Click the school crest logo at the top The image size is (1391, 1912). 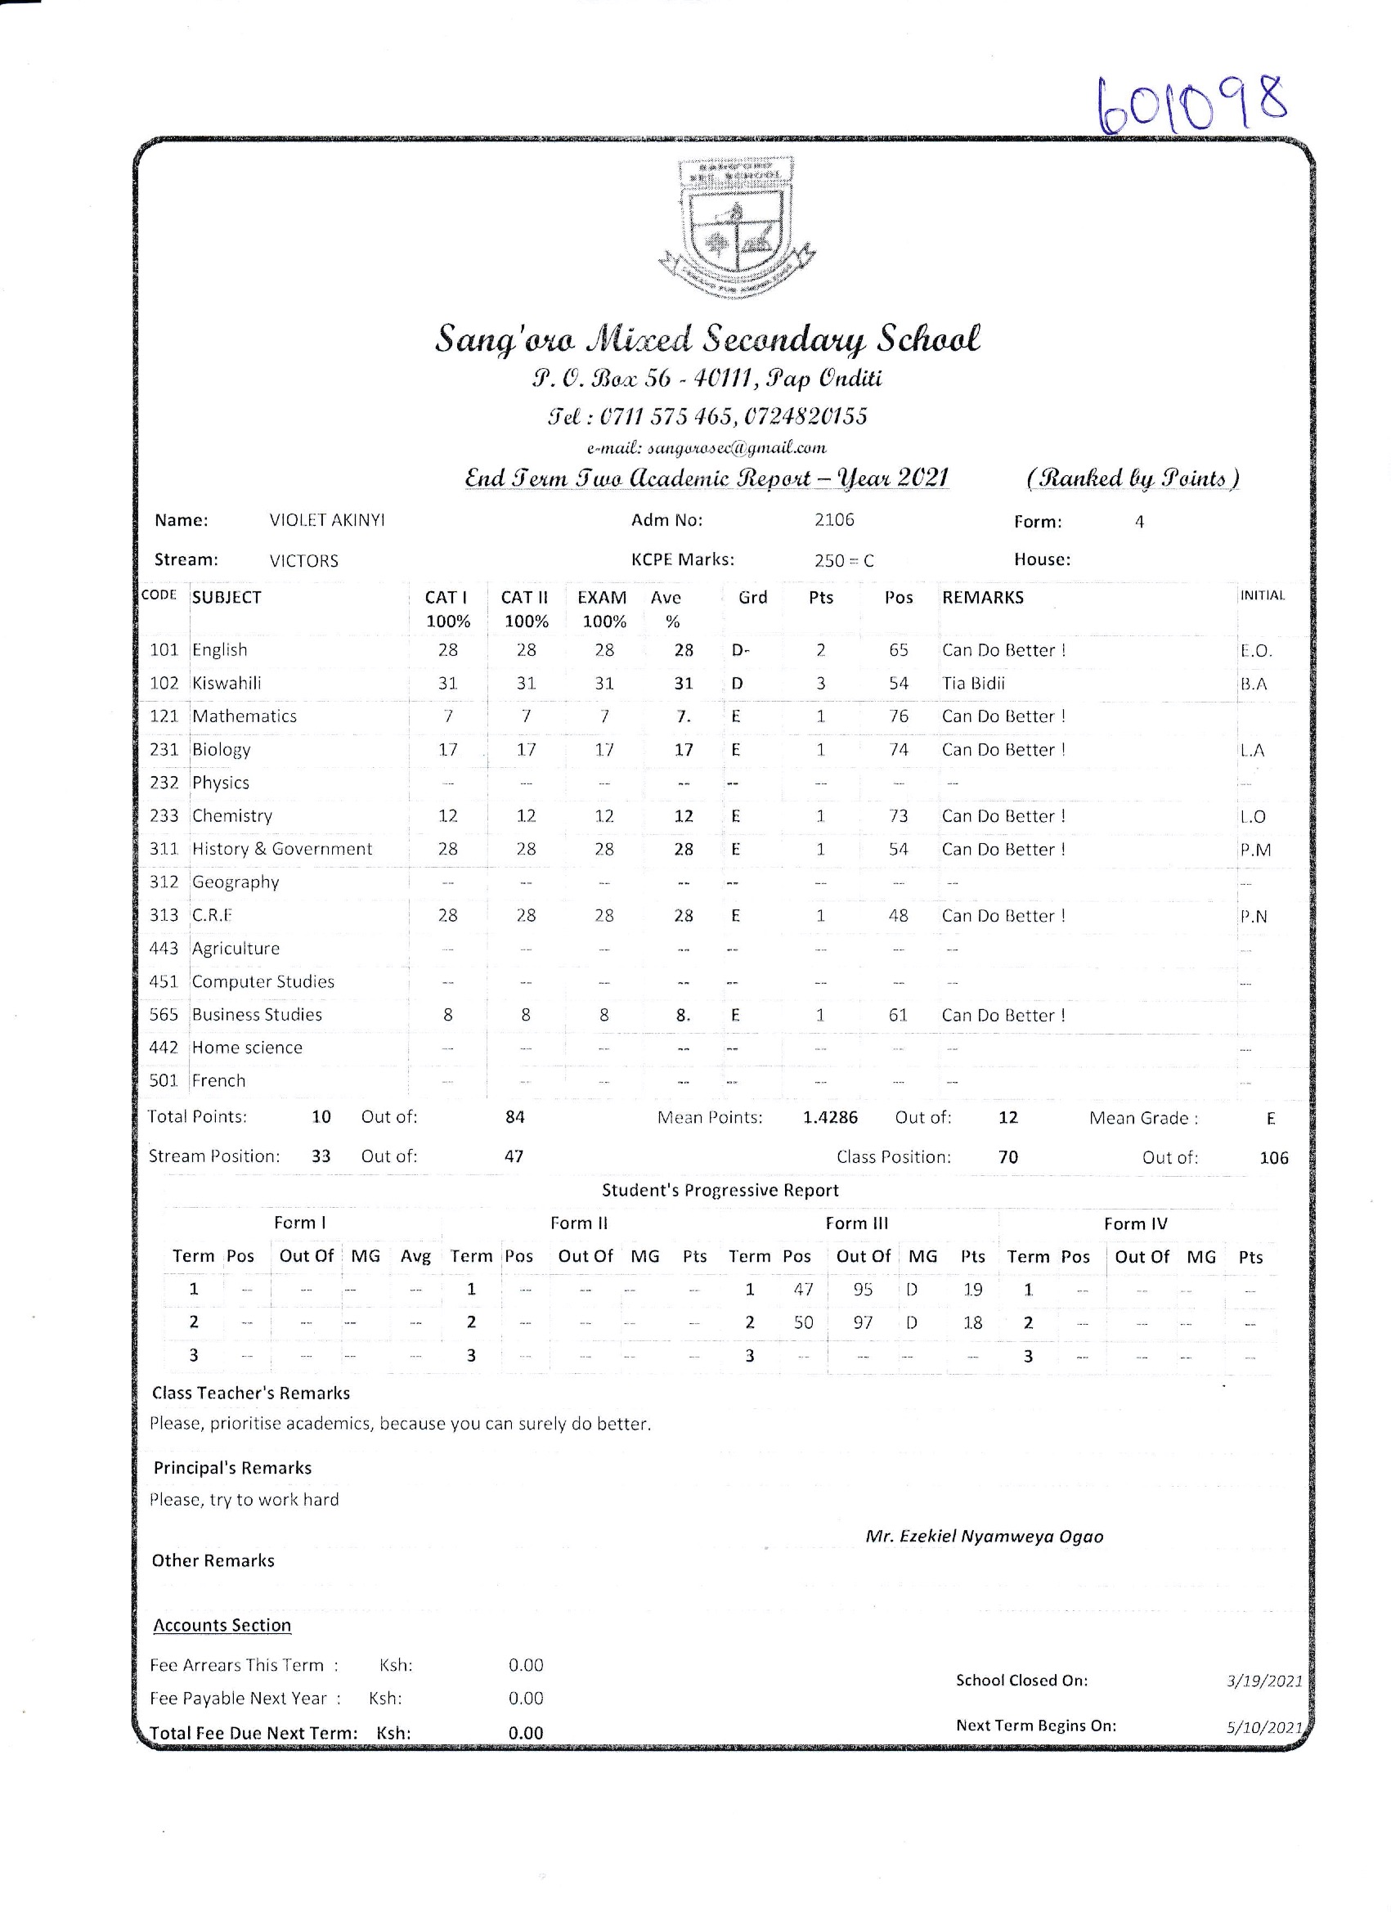736,228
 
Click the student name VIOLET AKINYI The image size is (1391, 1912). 327,521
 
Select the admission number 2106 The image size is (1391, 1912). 834,520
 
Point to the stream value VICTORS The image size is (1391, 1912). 303,562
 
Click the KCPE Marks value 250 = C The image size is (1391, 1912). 844,562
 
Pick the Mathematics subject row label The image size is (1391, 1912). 245,716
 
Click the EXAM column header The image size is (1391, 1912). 602,598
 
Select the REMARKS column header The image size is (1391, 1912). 983,598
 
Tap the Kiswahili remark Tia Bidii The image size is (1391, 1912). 974,684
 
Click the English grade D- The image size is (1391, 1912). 740,651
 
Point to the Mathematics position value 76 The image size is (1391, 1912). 899,716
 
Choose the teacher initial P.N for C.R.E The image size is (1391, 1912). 1254,917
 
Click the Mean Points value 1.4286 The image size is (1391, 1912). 830,1118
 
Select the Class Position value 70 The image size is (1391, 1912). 1008,1157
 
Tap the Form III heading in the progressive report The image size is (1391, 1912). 856,1223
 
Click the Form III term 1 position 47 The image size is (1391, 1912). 802,1290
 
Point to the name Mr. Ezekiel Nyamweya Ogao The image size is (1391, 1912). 984,1537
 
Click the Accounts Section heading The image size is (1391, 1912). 222,1626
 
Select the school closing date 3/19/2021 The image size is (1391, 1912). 1264,1681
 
